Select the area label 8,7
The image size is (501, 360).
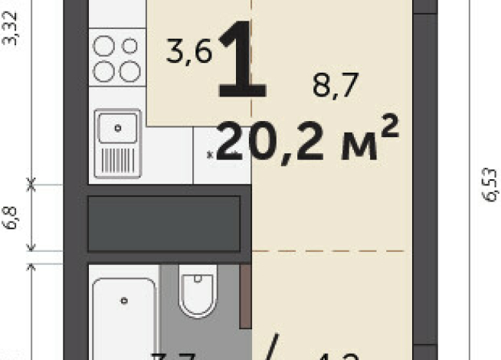coord(336,87)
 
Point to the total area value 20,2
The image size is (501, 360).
coord(270,142)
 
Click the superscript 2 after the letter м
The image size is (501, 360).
coord(388,125)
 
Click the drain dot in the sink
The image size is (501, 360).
coord(117,127)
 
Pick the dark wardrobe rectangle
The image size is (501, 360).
coord(165,223)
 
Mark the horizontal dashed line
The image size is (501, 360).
coord(329,250)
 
